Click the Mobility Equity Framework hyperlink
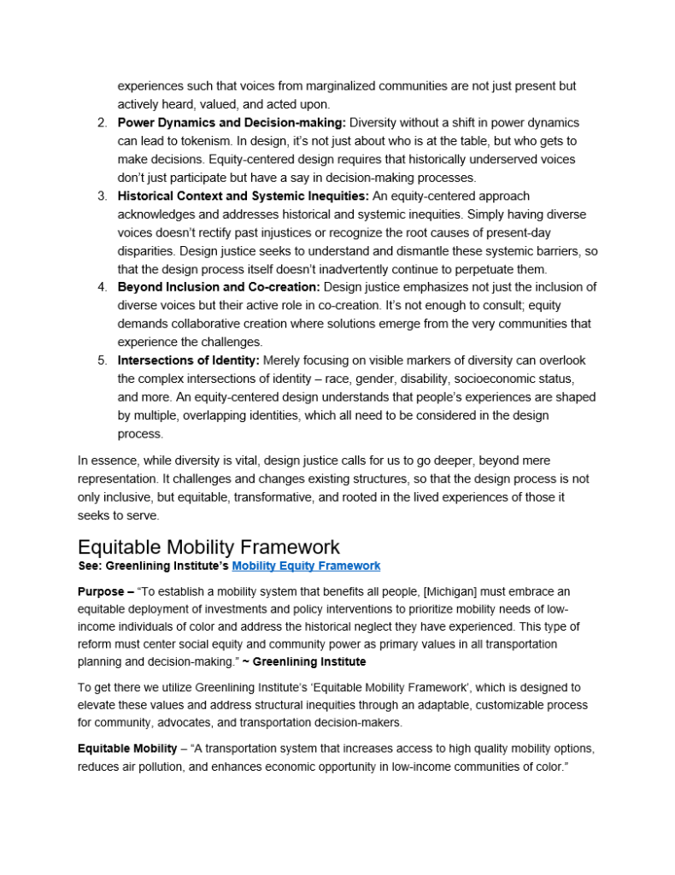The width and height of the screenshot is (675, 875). pos(306,566)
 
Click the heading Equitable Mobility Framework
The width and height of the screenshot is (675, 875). pos(208,547)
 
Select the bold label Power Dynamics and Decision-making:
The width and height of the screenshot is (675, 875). pos(232,122)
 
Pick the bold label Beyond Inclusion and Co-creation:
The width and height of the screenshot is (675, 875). pos(219,287)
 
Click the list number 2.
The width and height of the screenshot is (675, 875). pos(102,122)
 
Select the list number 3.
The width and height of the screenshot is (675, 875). pos(102,196)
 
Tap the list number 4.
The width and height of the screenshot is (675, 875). pos(102,287)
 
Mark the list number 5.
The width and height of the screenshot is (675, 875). pos(102,361)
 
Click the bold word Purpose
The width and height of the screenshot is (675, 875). pos(100,591)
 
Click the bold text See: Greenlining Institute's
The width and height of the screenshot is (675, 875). pos(154,566)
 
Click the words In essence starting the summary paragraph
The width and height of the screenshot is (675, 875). pos(106,461)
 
